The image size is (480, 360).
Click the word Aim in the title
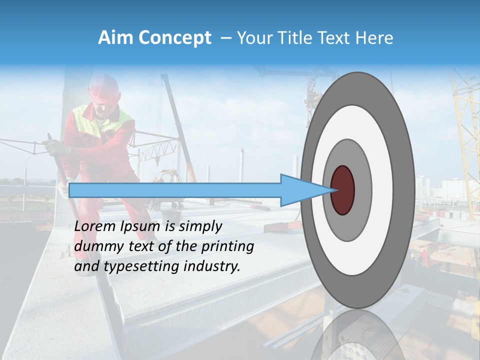[x=114, y=38]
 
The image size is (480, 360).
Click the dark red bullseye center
[x=342, y=190]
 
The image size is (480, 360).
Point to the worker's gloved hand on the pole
[x=52, y=147]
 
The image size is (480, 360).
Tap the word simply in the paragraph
[x=200, y=226]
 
